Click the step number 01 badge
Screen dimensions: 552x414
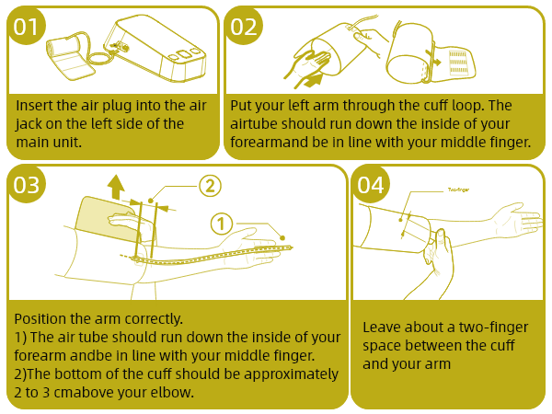(x=26, y=26)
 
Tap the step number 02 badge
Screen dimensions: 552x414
(x=243, y=26)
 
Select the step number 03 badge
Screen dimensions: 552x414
(x=26, y=185)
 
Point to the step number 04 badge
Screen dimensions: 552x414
(x=371, y=185)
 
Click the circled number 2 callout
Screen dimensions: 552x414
(x=210, y=186)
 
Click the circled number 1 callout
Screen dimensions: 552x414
(x=222, y=224)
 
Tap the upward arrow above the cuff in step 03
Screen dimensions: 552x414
(x=116, y=188)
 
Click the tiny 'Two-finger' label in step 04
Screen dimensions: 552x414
(x=458, y=190)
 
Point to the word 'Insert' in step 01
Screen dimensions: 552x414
(x=33, y=106)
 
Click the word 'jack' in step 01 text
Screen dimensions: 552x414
(x=28, y=124)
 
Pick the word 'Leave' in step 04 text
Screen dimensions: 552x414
(x=381, y=328)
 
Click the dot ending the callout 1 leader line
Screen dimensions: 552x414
(x=282, y=238)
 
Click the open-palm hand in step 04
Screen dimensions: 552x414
(x=517, y=220)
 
